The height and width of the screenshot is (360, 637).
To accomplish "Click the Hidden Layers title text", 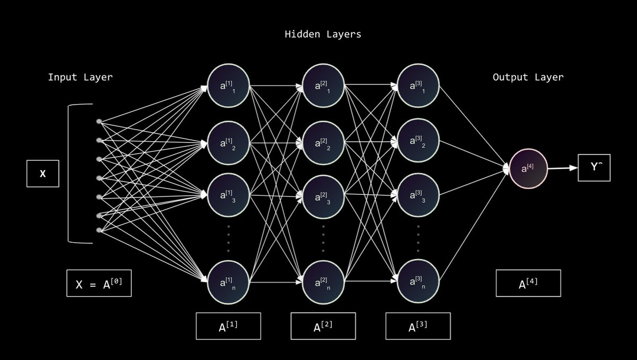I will pos(323,35).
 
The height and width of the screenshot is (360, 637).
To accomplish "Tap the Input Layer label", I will pos(80,78).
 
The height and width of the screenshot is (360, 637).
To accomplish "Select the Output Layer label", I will pos(528,78).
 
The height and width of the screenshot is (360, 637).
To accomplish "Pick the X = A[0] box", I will pos(99,283).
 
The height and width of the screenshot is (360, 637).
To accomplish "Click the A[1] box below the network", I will pos(228,326).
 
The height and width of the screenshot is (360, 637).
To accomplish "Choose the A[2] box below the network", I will pos(323,326).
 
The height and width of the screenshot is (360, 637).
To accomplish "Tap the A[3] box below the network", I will pos(418,326).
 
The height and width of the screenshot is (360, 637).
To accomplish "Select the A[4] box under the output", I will pos(528,283).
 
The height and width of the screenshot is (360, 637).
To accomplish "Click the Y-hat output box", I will pos(593,167).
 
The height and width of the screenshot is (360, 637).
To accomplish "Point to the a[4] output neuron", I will pos(527,169).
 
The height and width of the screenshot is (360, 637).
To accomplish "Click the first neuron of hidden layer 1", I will pos(228,86).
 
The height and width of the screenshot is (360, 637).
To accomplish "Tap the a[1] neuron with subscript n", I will pos(228,282).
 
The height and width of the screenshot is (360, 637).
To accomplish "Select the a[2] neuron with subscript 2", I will pos(323,143).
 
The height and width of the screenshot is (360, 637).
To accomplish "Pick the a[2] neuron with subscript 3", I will pos(323,197).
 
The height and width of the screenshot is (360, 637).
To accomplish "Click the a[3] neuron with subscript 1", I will pos(418,86).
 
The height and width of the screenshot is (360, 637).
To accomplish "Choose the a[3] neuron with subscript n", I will pos(418,282).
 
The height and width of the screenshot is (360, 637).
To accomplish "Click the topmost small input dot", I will pos(99,122).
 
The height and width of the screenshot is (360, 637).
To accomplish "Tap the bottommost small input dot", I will pos(99,230).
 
